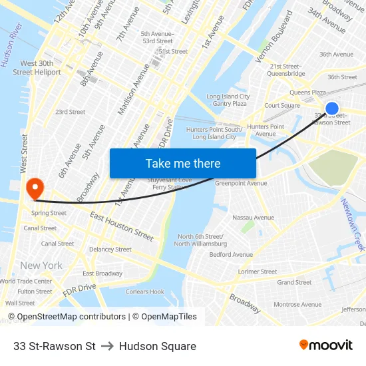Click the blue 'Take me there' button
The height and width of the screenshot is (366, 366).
point(183,163)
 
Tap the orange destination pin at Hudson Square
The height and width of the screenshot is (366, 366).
point(33,187)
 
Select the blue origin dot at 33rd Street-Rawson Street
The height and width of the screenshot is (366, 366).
point(331,108)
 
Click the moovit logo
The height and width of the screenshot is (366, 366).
point(325,345)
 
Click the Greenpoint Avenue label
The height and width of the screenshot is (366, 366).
point(240,183)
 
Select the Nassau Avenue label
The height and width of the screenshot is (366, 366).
point(253,218)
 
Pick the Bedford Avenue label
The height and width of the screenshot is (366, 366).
point(231,254)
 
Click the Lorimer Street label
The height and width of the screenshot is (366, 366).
point(258,272)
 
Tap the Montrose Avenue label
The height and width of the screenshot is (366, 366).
point(297,304)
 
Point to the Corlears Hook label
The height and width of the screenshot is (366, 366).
point(145,291)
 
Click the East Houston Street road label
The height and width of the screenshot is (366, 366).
point(122,226)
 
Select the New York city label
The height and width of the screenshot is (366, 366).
point(41,266)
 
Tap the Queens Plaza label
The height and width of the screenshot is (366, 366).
point(307,92)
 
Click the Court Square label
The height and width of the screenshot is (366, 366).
point(282,105)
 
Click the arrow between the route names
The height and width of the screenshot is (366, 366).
point(107,346)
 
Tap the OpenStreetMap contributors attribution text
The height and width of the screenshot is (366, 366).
point(71,317)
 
